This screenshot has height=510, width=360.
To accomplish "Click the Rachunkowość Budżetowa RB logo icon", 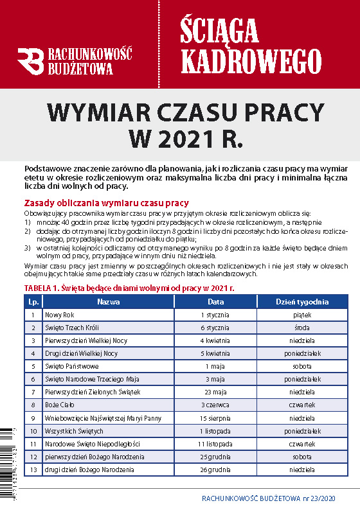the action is click(30, 62).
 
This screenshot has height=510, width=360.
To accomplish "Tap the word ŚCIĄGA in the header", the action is click(219, 30).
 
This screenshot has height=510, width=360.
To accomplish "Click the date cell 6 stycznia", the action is click(215, 328).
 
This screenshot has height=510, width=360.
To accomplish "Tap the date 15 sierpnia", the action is click(215, 418).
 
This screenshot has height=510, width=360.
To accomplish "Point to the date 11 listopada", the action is click(215, 444).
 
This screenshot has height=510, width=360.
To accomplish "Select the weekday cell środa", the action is click(301, 328).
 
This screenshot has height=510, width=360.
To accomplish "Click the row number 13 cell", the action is click(33, 470).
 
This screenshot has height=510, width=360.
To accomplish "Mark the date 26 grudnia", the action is click(215, 470).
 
